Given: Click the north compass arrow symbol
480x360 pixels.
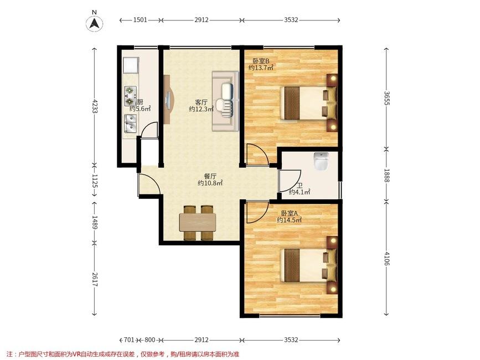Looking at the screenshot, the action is tap(94, 23).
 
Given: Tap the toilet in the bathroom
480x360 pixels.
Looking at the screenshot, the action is tap(321, 161).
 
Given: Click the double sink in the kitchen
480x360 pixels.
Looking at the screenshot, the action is tap(131, 124).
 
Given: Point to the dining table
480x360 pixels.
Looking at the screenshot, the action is tap(198, 223).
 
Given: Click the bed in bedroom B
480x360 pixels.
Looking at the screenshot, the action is tap(308, 103).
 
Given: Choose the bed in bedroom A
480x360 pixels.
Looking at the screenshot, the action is tap(308, 265).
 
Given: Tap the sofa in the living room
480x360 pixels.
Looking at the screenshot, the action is tap(225, 101).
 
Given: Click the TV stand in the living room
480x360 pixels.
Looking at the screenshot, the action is tap(168, 100).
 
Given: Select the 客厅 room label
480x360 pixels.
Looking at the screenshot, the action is tap(202, 102).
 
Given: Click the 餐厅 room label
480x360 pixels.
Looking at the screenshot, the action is tap(210, 176).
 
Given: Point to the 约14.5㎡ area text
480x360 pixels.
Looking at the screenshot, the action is tap(290, 220).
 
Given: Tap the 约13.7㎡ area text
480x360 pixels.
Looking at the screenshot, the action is tap(261, 68).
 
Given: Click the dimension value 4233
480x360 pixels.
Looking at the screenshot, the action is tap(95, 106).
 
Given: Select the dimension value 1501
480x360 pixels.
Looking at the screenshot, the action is tap(140, 20).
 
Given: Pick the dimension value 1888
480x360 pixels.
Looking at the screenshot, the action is tap(386, 176).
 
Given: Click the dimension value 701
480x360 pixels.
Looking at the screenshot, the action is tap(129, 340).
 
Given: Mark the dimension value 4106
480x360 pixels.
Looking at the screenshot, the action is tap(386, 259).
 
